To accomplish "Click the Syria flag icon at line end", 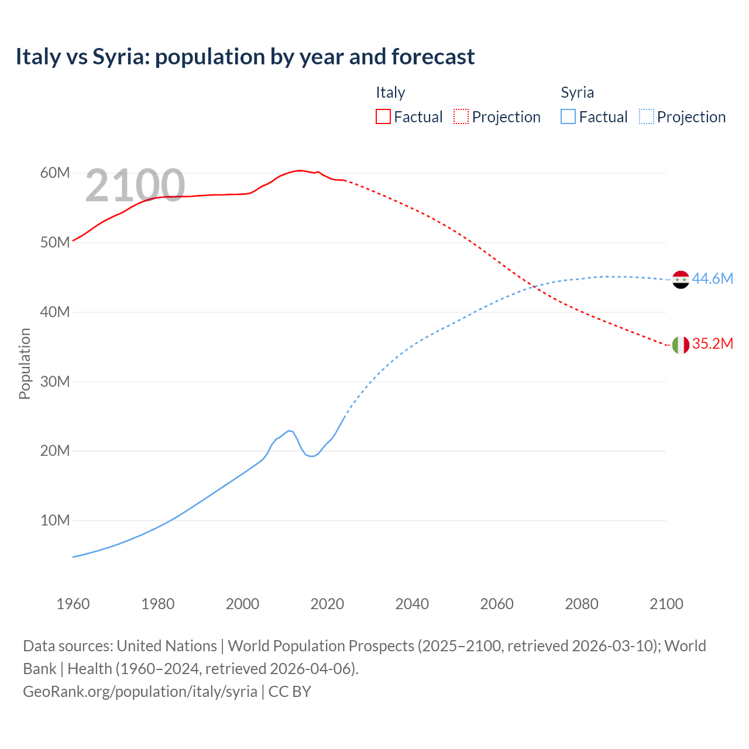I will coord(681,280).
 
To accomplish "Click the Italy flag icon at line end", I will coord(681,345).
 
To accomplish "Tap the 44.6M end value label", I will coord(712,279).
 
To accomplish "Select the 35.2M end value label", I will coord(712,343).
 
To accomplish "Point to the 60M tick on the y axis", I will coord(55,173).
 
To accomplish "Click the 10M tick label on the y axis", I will coord(55,520).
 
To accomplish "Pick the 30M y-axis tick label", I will coord(55,382).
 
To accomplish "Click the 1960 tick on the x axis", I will coord(73,604).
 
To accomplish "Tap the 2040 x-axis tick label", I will coord(412,604).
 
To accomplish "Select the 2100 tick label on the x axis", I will coord(666,604).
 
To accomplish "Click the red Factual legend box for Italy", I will coord(383,116).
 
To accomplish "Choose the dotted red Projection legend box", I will coord(461,116).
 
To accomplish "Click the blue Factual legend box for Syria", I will coord(568,116).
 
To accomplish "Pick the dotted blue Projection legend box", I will coord(647,116).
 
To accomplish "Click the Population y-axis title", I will coord(25,363).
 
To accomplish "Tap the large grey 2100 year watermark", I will coord(135,185).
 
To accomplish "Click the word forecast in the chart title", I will coord(433,57).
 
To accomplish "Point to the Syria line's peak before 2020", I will coord(290,431).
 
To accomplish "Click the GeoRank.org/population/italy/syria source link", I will coord(140,691).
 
